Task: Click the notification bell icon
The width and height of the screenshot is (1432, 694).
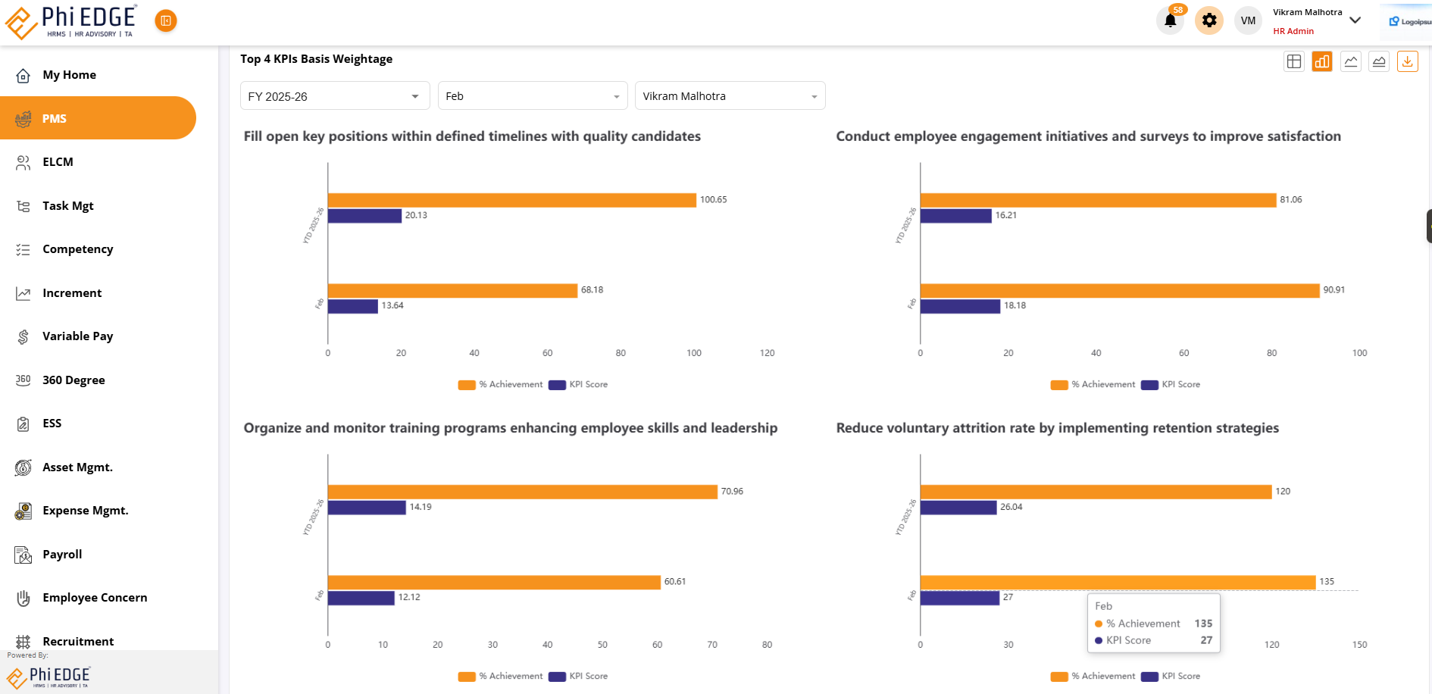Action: [1170, 20]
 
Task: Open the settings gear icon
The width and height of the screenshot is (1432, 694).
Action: [1209, 20]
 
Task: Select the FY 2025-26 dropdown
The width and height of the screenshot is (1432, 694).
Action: [334, 96]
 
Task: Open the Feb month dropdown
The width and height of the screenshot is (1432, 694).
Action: [532, 96]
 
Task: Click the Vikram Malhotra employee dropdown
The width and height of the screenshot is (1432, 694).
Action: [730, 96]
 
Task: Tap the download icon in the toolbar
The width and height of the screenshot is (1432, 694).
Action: [1407, 62]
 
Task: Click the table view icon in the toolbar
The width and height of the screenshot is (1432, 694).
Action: [1294, 62]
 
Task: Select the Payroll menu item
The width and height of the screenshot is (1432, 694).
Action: [62, 555]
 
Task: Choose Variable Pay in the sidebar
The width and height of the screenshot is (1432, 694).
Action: [77, 336]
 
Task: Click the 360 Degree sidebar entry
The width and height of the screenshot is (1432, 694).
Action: [73, 380]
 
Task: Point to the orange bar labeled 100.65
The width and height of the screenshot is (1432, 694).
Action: [511, 200]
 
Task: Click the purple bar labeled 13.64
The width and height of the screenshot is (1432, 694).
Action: [353, 306]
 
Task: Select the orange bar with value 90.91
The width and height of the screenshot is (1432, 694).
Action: [1119, 291]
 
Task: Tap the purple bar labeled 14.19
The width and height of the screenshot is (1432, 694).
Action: [367, 508]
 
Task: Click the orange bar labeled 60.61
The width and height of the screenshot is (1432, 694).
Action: [494, 583]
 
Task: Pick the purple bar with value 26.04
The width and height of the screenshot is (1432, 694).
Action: [958, 508]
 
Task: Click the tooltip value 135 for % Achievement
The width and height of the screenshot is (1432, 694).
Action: [1203, 624]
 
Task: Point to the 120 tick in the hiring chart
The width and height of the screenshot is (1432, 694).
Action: [767, 353]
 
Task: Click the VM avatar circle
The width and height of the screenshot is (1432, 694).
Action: [1248, 20]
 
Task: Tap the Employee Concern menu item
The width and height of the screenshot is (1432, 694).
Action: [95, 598]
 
